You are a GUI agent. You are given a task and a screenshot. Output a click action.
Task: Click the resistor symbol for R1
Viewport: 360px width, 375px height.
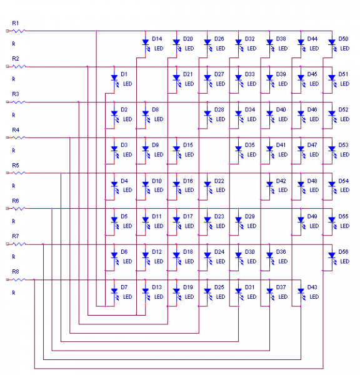tap(19, 31)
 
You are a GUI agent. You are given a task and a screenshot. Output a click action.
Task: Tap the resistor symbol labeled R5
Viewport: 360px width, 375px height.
tap(19, 172)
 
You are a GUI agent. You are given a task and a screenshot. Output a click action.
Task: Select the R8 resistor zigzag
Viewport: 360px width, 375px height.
tap(19, 279)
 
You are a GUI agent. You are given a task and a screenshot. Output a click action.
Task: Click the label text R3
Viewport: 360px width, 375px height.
tap(16, 94)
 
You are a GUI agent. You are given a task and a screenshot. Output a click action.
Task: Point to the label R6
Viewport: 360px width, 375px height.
tap(16, 201)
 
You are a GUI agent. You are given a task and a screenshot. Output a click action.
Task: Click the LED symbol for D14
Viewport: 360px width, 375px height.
tap(146, 45)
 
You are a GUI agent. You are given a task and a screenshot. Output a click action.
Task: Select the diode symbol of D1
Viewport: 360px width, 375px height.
tap(115, 80)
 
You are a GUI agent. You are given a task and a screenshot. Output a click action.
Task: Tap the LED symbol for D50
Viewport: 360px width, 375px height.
tap(332, 45)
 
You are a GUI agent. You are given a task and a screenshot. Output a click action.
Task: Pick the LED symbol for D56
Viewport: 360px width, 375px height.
tap(332, 257)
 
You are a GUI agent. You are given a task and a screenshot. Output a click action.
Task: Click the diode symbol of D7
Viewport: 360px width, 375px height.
tap(115, 293)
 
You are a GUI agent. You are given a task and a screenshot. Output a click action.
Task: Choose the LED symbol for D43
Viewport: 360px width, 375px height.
tap(301, 293)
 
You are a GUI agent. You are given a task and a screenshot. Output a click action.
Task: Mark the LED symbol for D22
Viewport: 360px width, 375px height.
tap(208, 187)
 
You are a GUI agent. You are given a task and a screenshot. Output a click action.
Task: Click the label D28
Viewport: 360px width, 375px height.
tap(219, 109)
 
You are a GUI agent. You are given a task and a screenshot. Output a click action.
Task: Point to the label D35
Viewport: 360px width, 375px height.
tap(250, 145)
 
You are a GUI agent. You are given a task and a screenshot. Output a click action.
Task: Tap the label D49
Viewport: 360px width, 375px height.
tap(312, 216)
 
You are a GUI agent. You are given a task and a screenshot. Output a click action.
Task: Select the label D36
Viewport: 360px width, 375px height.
tap(281, 252)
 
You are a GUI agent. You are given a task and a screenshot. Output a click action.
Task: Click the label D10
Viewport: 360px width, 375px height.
tap(157, 181)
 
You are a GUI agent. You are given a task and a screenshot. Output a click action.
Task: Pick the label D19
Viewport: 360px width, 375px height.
tap(187, 287)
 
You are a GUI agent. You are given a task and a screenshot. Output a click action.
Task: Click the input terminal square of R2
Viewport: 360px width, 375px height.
tap(7, 66)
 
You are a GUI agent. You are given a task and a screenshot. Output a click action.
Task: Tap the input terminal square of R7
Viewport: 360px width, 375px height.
tap(7, 244)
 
